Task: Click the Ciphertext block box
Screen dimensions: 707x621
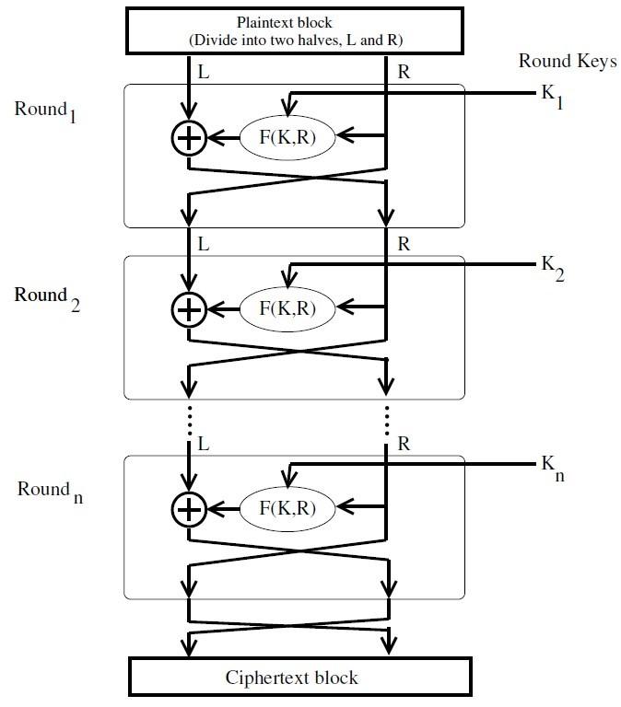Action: (x=291, y=678)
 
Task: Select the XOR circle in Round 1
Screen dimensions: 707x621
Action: (x=188, y=137)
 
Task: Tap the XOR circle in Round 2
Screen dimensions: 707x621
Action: (x=188, y=310)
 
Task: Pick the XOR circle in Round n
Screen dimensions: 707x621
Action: (x=188, y=506)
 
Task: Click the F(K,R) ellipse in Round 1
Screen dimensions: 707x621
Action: (x=287, y=137)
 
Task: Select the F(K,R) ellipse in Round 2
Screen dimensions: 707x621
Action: (x=287, y=310)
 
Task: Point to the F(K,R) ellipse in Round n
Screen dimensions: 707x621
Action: (x=287, y=506)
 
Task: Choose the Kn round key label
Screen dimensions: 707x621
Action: (x=550, y=469)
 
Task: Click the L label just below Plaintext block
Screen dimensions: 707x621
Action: (x=204, y=70)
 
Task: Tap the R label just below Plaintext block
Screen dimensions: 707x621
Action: (x=403, y=70)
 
